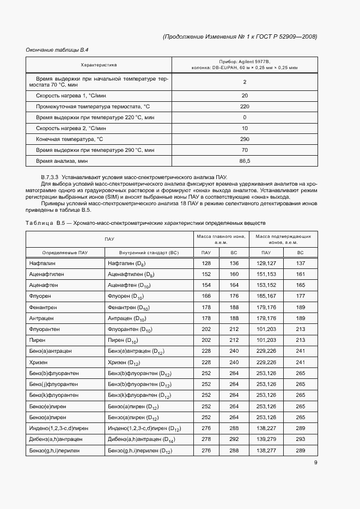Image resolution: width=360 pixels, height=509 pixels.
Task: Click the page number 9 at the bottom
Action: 316,463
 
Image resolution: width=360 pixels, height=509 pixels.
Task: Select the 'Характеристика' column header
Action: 99,65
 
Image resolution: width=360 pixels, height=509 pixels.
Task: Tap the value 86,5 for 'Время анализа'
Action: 245,161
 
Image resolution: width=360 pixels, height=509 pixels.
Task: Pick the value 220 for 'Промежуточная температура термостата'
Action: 245,106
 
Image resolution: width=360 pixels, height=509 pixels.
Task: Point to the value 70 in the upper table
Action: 245,150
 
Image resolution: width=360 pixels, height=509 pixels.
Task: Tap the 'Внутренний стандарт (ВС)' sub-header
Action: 149,253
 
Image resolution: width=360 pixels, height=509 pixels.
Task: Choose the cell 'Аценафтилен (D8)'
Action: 131,274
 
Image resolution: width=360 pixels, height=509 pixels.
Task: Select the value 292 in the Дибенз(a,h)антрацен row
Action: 234,439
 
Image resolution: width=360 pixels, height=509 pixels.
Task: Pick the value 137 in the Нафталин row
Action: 300,263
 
